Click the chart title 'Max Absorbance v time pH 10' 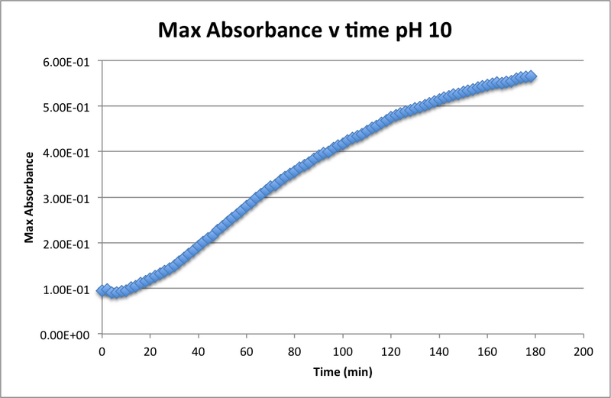[305, 32]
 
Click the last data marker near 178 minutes [530, 76]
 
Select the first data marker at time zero [102, 291]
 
